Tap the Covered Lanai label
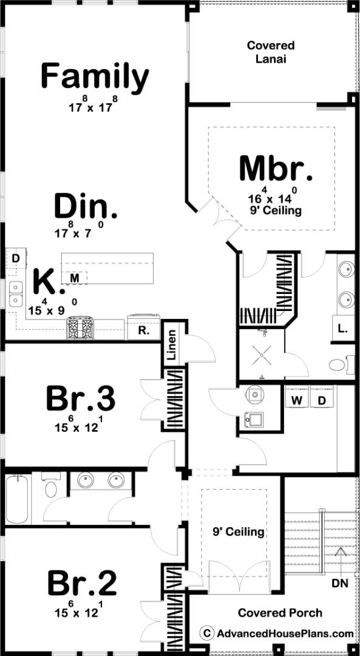click(x=271, y=52)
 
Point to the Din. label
click(x=86, y=206)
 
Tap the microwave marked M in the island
click(x=75, y=278)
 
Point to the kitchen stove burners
click(x=80, y=326)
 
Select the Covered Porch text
click(x=280, y=613)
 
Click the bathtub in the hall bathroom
click(x=17, y=499)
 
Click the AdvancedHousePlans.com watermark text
click(x=285, y=634)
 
